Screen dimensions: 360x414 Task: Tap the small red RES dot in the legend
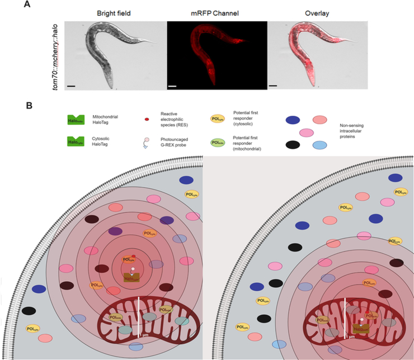pyautogui.click(x=147, y=120)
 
